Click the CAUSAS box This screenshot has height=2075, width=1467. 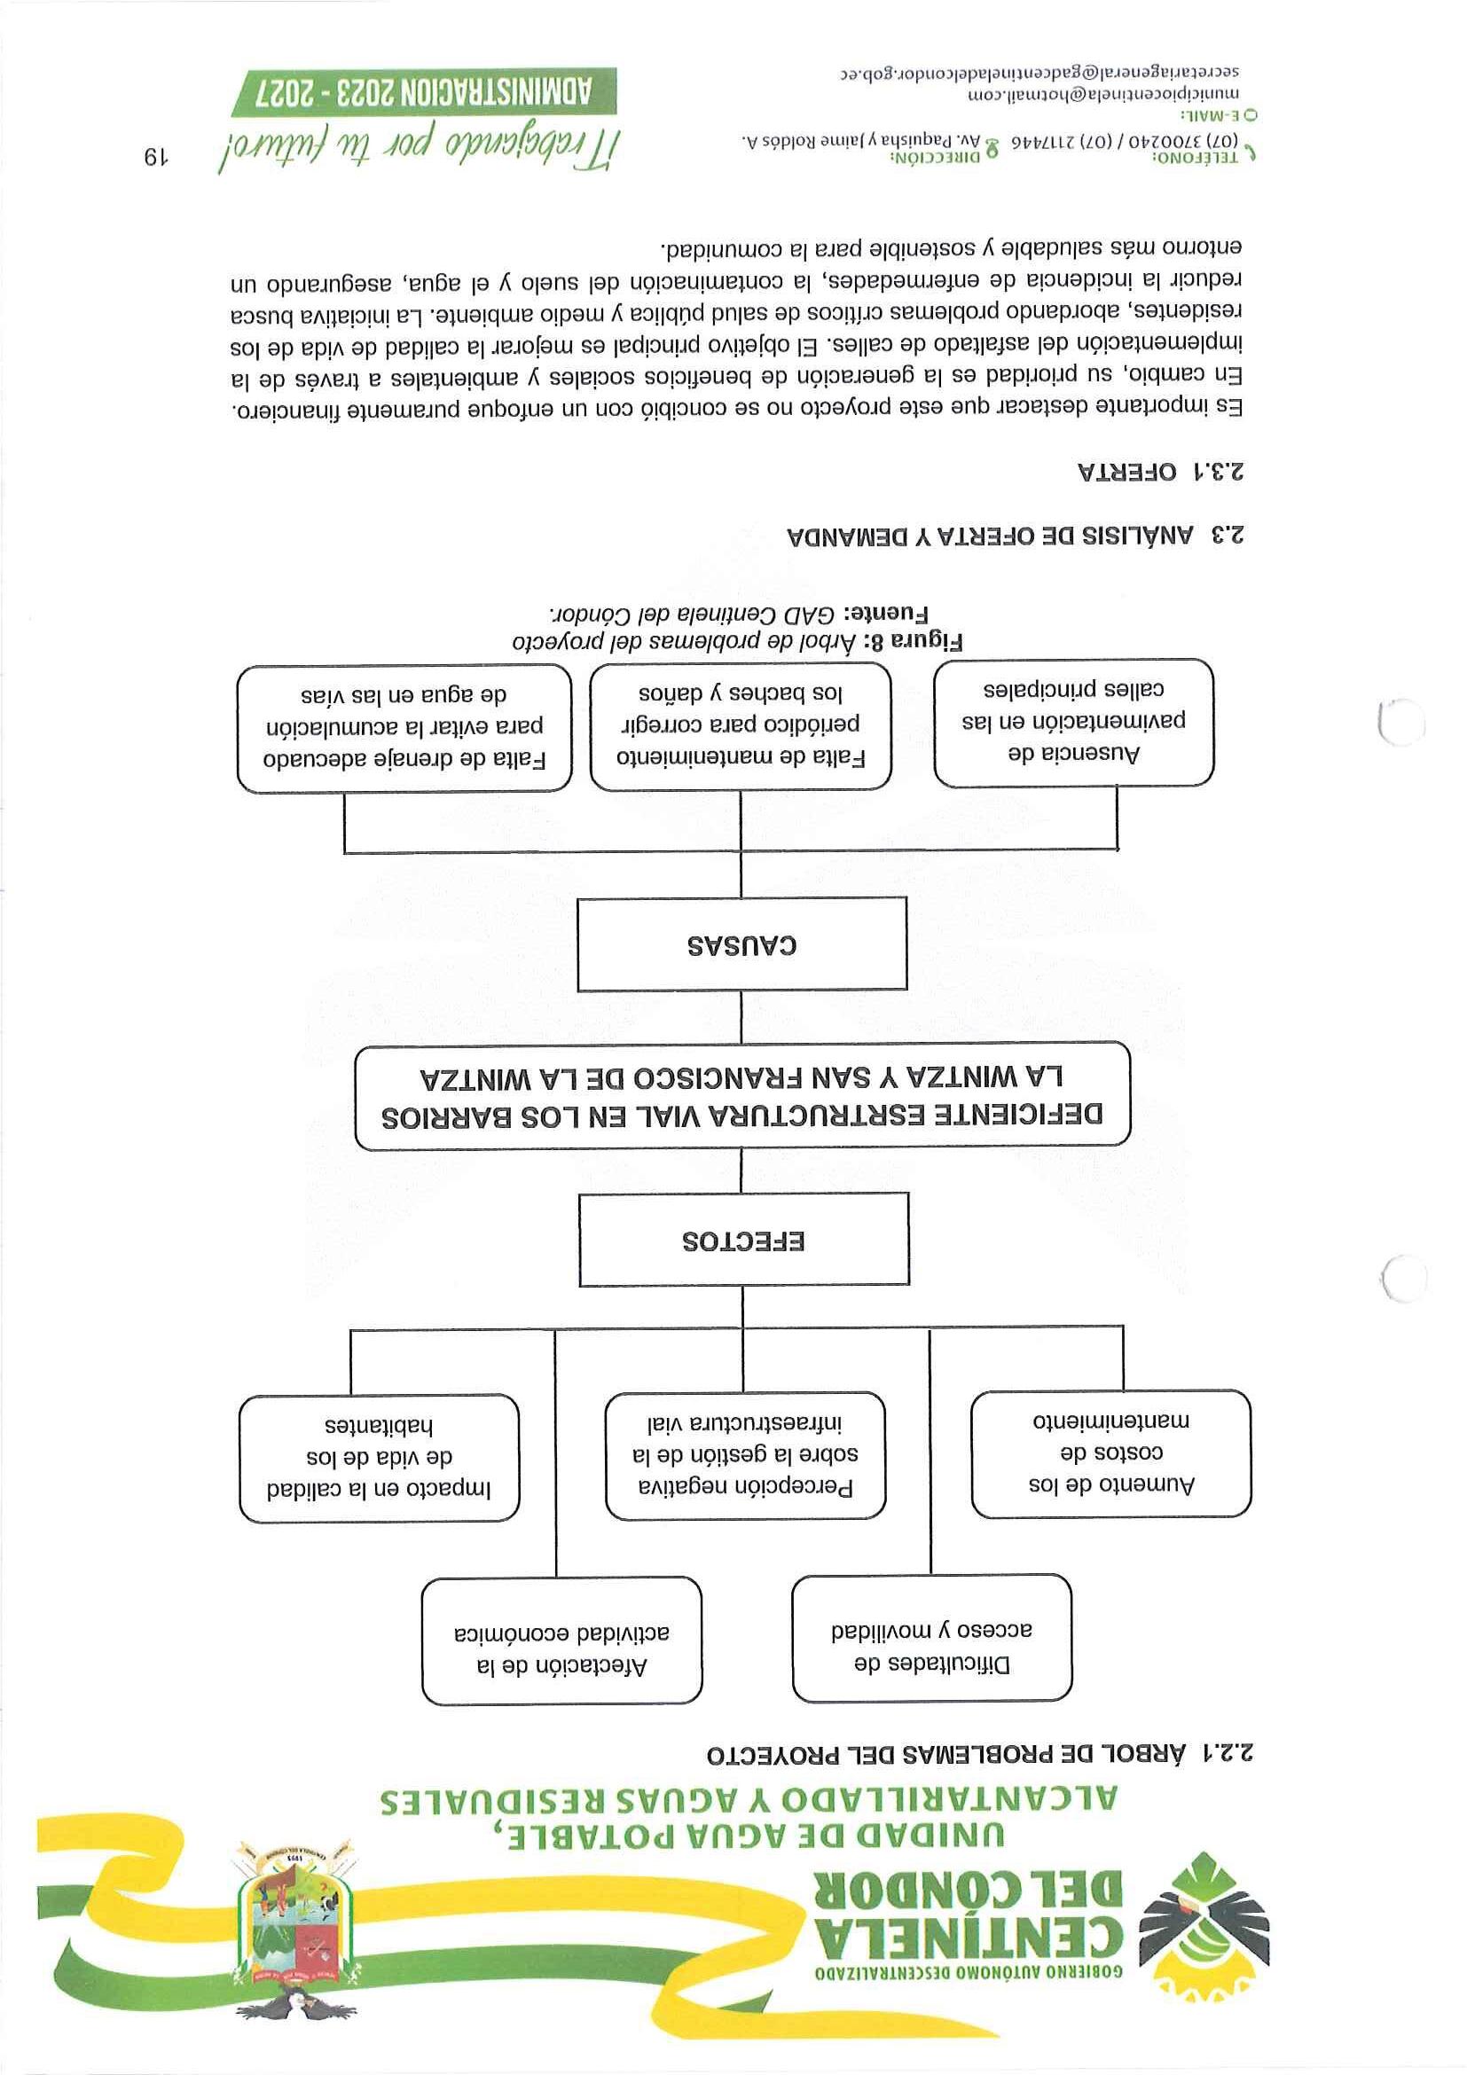[x=741, y=944]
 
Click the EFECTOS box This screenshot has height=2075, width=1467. [x=743, y=1239]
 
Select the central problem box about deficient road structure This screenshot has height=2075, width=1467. [x=742, y=1095]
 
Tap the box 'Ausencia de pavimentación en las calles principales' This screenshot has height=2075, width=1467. [x=1073, y=721]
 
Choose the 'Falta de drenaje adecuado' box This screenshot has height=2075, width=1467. [x=404, y=727]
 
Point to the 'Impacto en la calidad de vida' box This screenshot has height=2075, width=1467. [x=379, y=1458]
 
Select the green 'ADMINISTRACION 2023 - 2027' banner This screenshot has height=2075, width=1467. [x=424, y=92]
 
